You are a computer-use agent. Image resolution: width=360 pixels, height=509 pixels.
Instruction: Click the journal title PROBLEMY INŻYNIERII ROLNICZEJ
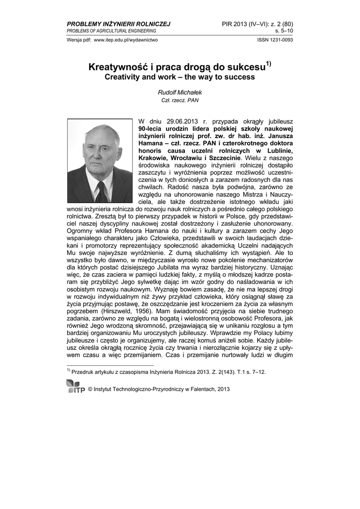(x=118, y=24)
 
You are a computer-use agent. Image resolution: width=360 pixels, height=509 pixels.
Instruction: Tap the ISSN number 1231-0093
(x=281, y=40)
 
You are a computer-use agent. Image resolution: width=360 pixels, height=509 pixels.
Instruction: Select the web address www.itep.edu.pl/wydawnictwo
(x=126, y=40)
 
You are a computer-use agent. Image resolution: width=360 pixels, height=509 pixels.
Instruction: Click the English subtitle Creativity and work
(x=140, y=78)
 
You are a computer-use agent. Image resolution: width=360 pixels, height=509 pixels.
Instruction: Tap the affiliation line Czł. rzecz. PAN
(x=180, y=100)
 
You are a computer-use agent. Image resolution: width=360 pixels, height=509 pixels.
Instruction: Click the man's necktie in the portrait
(x=101, y=191)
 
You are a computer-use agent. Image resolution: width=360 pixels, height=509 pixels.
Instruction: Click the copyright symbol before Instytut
(x=90, y=390)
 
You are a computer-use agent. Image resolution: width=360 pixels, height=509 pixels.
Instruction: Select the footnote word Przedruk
(x=84, y=372)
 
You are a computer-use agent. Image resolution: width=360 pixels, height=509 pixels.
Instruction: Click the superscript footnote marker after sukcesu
(x=268, y=63)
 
